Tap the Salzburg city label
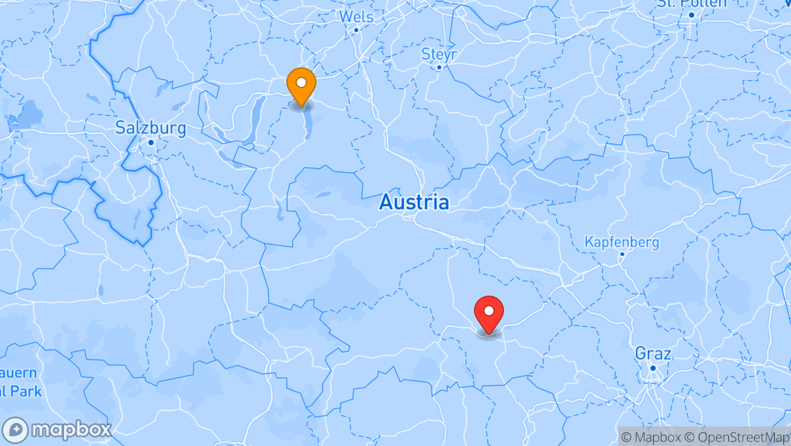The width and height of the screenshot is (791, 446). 150,128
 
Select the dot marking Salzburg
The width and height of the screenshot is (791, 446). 150,143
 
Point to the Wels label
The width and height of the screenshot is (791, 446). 356,16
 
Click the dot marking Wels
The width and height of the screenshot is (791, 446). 356,29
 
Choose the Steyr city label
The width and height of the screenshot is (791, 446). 439,54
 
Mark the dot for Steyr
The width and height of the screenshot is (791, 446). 439,67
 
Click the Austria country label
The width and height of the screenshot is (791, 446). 414,202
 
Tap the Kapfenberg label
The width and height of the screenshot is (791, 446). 621,242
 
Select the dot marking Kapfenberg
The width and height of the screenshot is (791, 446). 622,254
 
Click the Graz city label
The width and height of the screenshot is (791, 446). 652,354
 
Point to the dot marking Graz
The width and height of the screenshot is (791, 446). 652,368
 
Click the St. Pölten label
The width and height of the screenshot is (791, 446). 692,3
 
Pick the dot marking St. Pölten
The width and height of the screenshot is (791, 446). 692,14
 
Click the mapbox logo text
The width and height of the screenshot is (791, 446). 71,430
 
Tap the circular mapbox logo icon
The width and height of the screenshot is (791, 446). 15,430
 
